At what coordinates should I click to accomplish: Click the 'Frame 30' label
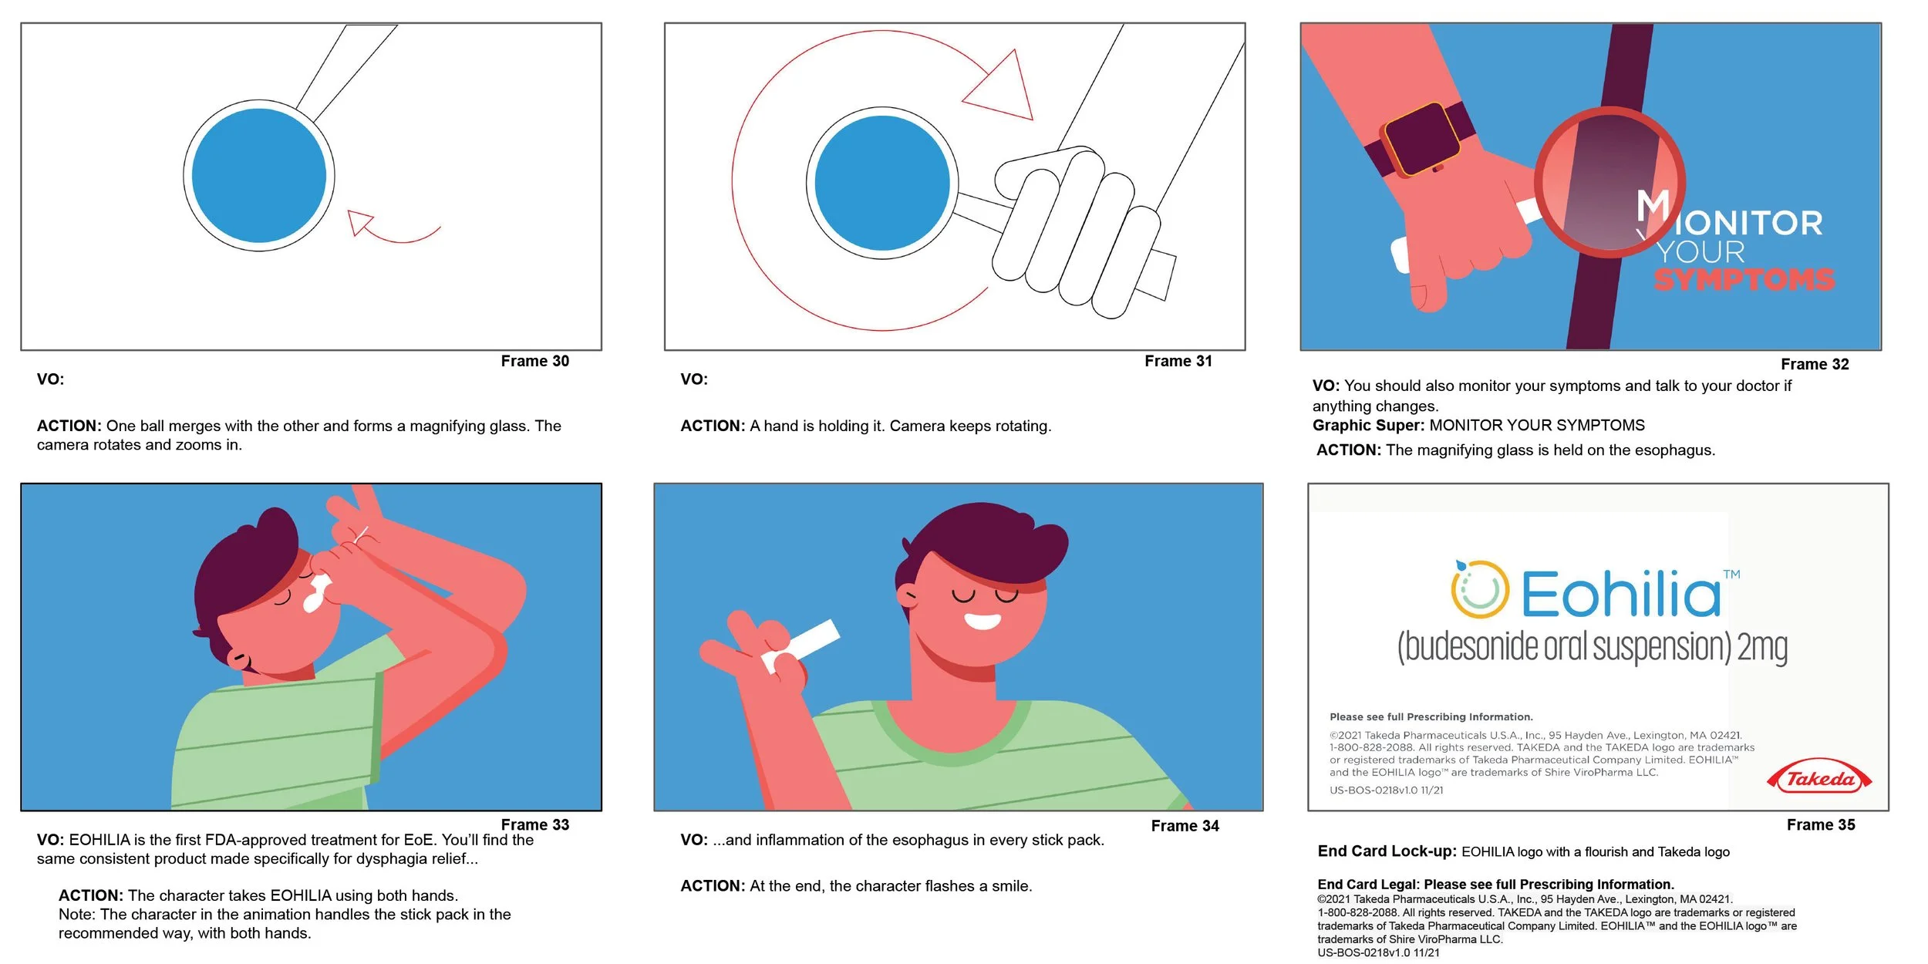tap(534, 361)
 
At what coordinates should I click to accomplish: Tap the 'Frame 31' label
tap(1178, 361)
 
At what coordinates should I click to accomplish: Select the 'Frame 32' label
tap(1815, 364)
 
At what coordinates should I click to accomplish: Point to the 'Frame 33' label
tap(534, 824)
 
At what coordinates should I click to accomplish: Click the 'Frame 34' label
tap(1185, 826)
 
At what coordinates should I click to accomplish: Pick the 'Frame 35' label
tap(1821, 824)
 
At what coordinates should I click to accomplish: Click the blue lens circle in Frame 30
tap(259, 175)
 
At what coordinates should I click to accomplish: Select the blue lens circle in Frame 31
tap(882, 184)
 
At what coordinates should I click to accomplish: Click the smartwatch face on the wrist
tap(1421, 139)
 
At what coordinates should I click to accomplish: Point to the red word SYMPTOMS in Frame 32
tap(1744, 279)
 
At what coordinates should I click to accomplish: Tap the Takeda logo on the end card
tap(1819, 778)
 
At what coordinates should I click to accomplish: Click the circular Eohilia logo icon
tap(1479, 589)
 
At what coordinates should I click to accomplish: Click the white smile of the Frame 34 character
tap(983, 621)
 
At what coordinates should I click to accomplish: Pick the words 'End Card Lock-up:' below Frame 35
tap(1387, 851)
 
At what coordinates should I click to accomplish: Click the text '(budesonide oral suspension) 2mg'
tap(1592, 647)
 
